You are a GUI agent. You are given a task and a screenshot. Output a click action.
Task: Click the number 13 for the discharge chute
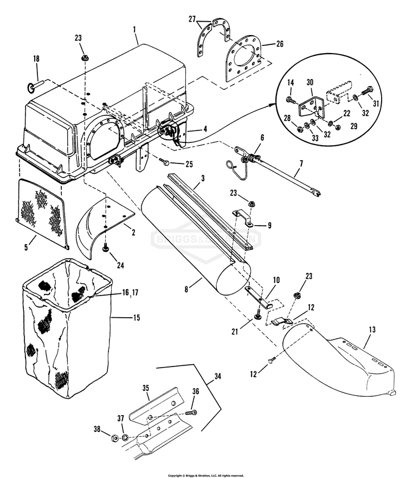coord(372,329)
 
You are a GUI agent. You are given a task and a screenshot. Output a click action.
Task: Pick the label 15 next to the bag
coord(135,318)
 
